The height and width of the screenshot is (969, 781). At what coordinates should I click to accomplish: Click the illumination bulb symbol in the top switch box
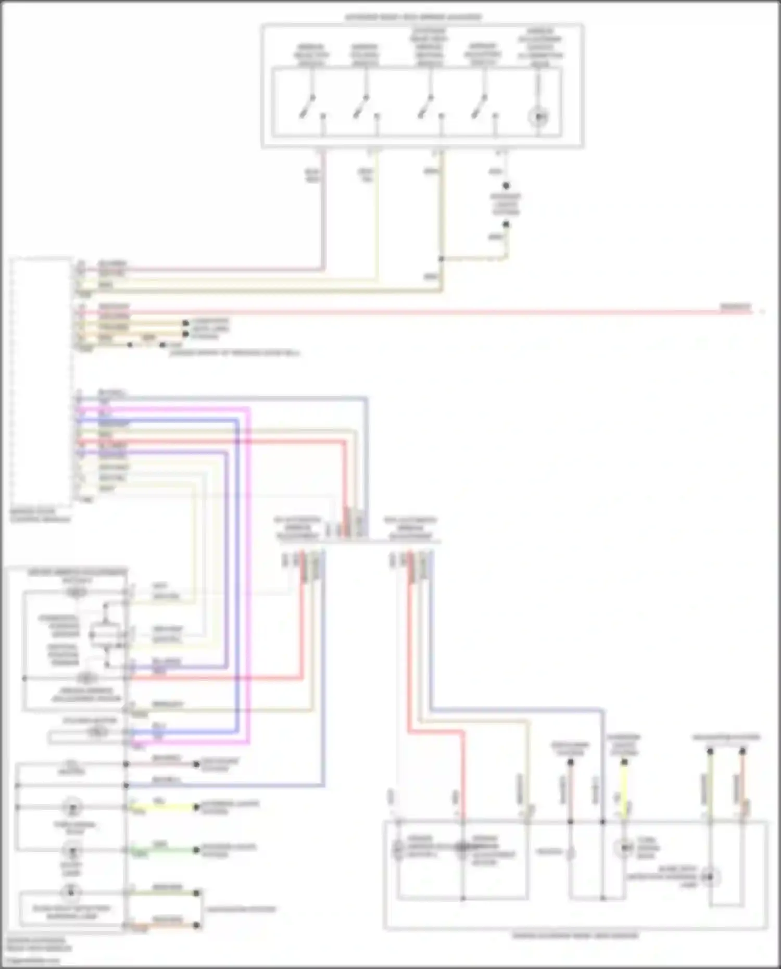(x=538, y=116)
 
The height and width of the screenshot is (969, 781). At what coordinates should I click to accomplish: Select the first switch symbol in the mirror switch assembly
(x=307, y=106)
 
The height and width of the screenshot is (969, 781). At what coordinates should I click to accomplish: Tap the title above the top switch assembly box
(x=413, y=17)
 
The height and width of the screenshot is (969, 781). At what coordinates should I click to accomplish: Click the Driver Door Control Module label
(x=40, y=515)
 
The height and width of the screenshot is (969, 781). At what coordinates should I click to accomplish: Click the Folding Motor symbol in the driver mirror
(x=97, y=732)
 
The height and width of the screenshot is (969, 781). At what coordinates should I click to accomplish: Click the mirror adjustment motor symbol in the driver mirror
(x=86, y=678)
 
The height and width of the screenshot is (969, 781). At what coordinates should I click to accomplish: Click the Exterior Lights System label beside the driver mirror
(x=229, y=807)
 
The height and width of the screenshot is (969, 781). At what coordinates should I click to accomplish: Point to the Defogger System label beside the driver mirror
(x=219, y=764)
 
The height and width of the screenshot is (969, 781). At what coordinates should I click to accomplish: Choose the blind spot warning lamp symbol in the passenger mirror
(x=710, y=877)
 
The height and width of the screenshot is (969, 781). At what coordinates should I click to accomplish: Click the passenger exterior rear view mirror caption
(x=575, y=936)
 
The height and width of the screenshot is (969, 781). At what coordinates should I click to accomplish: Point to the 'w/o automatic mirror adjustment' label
(x=410, y=527)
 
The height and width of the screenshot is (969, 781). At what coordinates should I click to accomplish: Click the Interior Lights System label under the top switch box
(x=505, y=204)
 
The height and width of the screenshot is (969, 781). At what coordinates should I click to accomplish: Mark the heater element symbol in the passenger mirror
(x=570, y=853)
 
